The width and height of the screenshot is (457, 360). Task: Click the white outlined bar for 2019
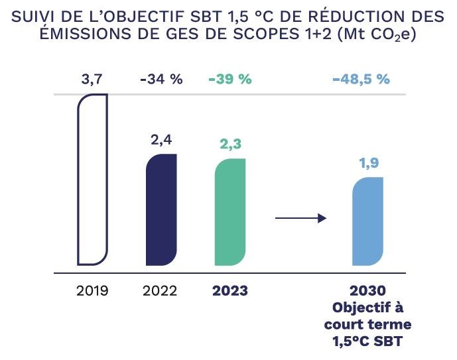tap(93, 179)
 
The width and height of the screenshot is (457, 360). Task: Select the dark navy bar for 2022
tap(161, 209)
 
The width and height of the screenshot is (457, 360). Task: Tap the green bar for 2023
tap(230, 211)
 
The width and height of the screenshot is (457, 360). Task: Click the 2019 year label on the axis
tap(92, 291)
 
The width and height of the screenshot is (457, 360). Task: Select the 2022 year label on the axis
tap(161, 291)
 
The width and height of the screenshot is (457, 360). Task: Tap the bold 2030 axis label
tap(367, 291)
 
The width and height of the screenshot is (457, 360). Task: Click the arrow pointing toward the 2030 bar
tap(300, 217)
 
